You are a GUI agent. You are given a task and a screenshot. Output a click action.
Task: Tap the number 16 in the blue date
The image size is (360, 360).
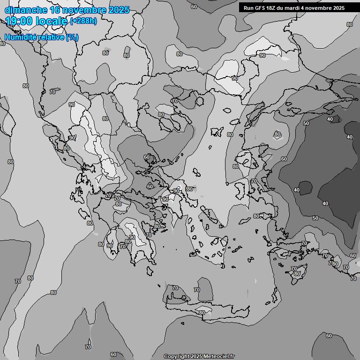point(55,10)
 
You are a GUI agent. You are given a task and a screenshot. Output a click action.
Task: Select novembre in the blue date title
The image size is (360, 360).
point(85,10)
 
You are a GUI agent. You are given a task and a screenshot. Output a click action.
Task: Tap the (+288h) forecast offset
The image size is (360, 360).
point(83,21)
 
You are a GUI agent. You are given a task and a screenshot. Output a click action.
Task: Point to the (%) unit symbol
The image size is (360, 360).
point(72,37)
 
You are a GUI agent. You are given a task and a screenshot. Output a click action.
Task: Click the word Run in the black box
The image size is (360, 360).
point(248,8)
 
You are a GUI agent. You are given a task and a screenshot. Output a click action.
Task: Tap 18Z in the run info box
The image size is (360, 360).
point(273,8)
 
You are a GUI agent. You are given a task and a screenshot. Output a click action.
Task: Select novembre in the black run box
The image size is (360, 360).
point(322,8)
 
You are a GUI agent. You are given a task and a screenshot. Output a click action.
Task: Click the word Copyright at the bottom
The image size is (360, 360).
point(176,356)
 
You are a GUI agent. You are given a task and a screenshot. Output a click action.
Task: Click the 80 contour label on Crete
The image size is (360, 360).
point(202,313)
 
